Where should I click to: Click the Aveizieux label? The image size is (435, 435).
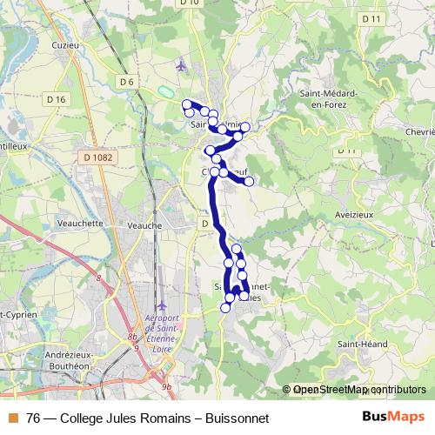coord(354,213)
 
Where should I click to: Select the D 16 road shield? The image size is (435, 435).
coord(57,99)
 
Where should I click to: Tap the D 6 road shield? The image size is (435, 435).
coord(128,82)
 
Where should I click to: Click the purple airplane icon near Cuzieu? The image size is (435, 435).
coord(180,64)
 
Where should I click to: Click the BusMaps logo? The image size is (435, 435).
coord(392,418)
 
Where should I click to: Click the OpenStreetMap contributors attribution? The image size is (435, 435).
coord(359,391)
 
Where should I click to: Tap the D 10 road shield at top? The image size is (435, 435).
coord(191,3)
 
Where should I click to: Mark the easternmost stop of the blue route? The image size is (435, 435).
coord(250,181)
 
